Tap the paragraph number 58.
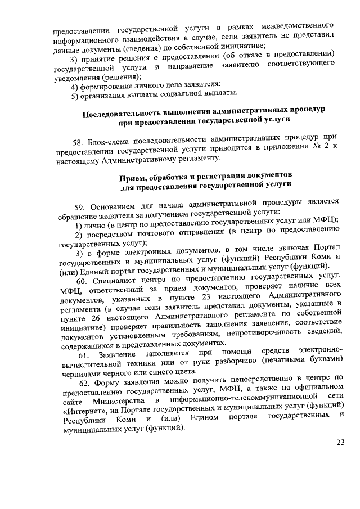(79, 138)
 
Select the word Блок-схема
(111, 138)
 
